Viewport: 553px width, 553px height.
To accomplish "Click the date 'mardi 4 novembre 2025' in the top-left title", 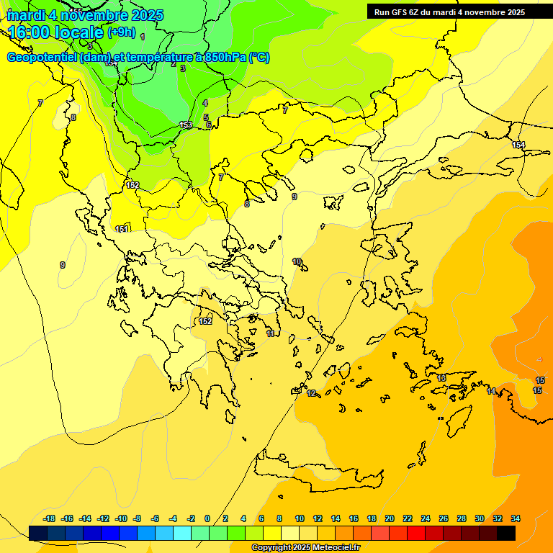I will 85,15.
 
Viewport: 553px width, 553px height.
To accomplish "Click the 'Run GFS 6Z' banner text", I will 404,12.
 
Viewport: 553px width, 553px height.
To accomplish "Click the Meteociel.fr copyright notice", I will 305,548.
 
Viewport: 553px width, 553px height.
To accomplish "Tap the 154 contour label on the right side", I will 518,145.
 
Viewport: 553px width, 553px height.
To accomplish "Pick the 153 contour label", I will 186,125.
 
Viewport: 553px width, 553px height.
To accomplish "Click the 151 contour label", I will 122,229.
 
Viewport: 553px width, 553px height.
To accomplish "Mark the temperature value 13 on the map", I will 441,378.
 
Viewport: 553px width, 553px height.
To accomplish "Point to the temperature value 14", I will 491,391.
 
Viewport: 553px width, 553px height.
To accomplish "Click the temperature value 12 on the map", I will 311,393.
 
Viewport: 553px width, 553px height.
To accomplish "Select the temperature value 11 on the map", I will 270,334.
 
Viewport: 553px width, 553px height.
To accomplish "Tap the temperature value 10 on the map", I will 297,261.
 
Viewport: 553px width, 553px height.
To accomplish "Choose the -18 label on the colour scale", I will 50,518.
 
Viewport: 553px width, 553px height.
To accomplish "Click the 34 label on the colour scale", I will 516,518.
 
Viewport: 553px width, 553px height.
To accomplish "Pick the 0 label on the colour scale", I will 207,518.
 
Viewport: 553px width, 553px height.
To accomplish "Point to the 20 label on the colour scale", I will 390,518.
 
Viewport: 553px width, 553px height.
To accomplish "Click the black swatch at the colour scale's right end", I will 506,533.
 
